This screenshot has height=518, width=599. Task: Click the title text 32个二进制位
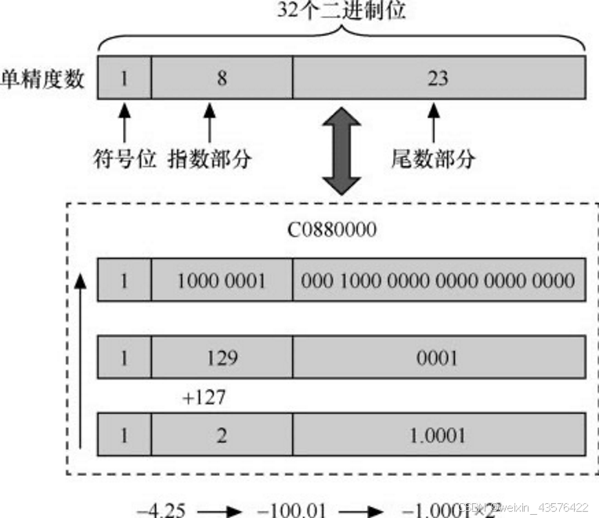tap(342, 11)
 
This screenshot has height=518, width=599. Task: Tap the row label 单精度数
tap(43, 78)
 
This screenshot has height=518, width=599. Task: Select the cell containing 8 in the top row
tap(222, 78)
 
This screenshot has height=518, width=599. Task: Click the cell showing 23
tap(438, 78)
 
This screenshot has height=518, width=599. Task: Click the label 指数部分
tap(209, 159)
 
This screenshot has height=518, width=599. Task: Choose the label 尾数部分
tap(432, 159)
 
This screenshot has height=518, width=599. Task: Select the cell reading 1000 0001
tap(222, 280)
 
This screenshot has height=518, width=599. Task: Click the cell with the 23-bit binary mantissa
tap(438, 280)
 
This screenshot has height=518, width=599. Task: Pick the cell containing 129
tap(222, 358)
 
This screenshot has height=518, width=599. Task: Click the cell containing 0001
tap(438, 358)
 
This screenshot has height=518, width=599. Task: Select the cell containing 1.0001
tap(438, 435)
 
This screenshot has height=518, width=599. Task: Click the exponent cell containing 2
tap(222, 435)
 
